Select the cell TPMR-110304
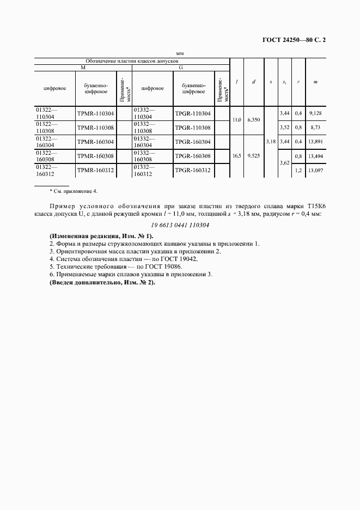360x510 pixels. (95, 113)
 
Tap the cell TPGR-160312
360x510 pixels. (192, 170)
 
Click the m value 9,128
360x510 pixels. (314, 113)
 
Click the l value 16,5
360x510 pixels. (236, 155)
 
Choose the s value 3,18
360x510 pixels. (270, 142)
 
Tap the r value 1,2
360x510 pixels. (298, 170)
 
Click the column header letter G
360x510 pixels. (180, 68)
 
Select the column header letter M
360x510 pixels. (83, 68)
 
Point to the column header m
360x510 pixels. (315, 82)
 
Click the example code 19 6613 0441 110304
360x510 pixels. (179, 225)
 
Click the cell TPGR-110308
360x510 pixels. (192, 127)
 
